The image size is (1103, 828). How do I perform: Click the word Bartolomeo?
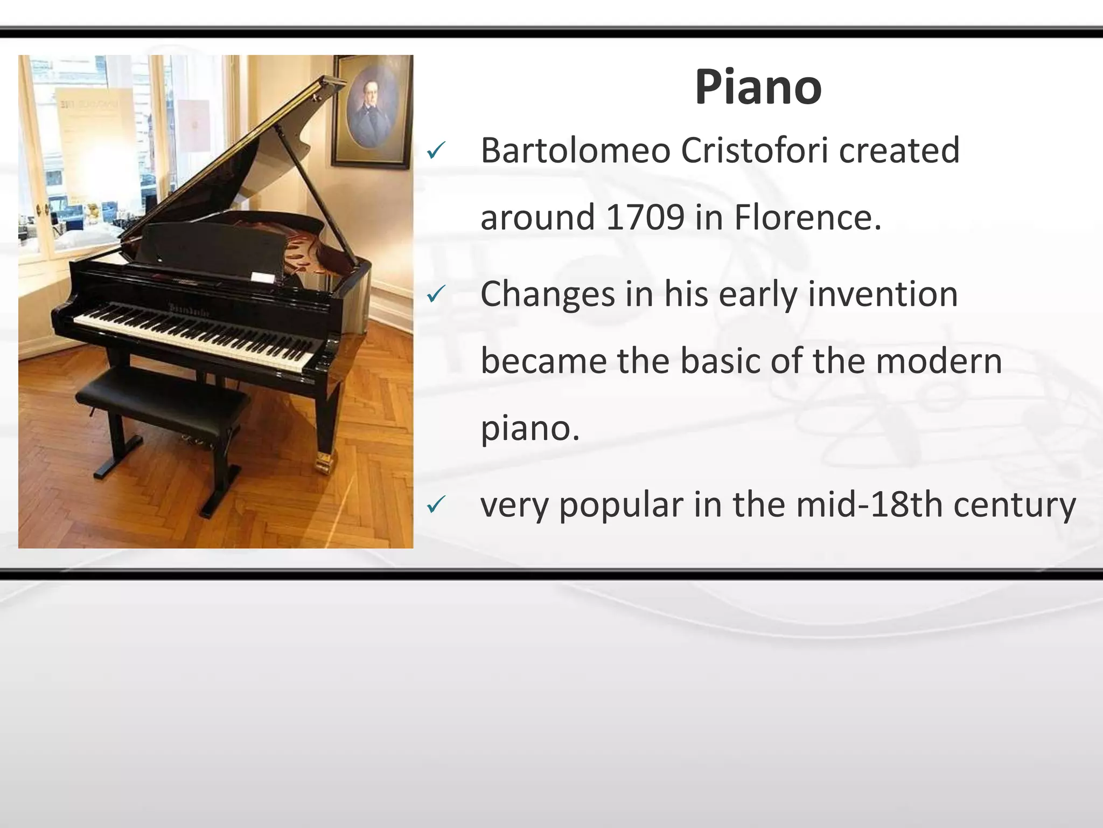point(575,150)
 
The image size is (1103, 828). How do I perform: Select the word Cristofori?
point(755,150)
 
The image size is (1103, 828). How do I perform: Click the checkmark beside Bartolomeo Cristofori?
point(435,151)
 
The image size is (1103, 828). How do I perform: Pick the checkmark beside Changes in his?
point(435,294)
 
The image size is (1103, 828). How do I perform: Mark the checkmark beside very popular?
point(435,505)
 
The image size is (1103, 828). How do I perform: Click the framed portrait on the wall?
point(372,111)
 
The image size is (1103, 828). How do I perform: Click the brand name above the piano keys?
point(189,309)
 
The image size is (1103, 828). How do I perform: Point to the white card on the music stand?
point(262,278)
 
